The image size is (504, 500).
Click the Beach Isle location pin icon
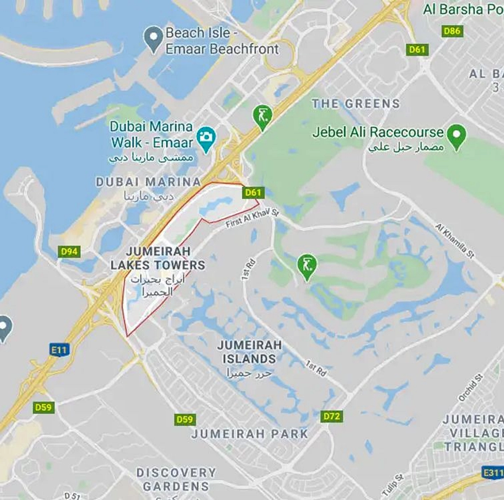pos(154,38)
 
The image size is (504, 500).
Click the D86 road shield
pos(452,31)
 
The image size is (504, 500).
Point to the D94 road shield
pos(69,252)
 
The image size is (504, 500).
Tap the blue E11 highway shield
pos(59,350)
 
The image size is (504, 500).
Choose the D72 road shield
pos(332,416)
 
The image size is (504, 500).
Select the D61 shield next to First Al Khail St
pos(253,192)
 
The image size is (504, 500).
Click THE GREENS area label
pos(356,104)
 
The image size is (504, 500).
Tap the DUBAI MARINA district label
pos(148,182)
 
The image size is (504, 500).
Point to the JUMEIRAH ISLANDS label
pos(249,352)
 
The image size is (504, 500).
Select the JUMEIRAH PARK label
pos(249,434)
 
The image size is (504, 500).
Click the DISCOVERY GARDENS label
pos(176,479)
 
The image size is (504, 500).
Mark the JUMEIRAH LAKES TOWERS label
pos(157,258)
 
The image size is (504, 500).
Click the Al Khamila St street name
pos(455,241)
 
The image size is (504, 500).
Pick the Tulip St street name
pos(392,484)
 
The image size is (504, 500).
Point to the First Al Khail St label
pos(252,219)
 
